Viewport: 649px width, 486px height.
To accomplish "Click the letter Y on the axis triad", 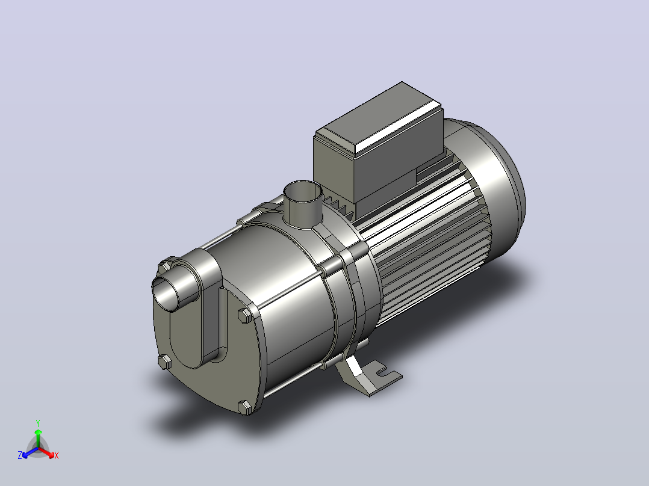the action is pos(38,423).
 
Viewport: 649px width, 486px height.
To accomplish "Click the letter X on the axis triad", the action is pos(57,455).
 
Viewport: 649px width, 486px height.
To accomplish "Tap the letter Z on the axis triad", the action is pos(20,455).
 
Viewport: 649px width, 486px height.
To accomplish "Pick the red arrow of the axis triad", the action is pos(47,452).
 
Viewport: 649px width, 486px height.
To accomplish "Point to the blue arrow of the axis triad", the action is pos(30,452).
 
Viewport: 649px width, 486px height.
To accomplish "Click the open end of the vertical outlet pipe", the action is pos(303,191).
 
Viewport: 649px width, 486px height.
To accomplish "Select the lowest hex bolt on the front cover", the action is pos(245,407).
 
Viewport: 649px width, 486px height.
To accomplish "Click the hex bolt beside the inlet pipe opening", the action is pos(165,266).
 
